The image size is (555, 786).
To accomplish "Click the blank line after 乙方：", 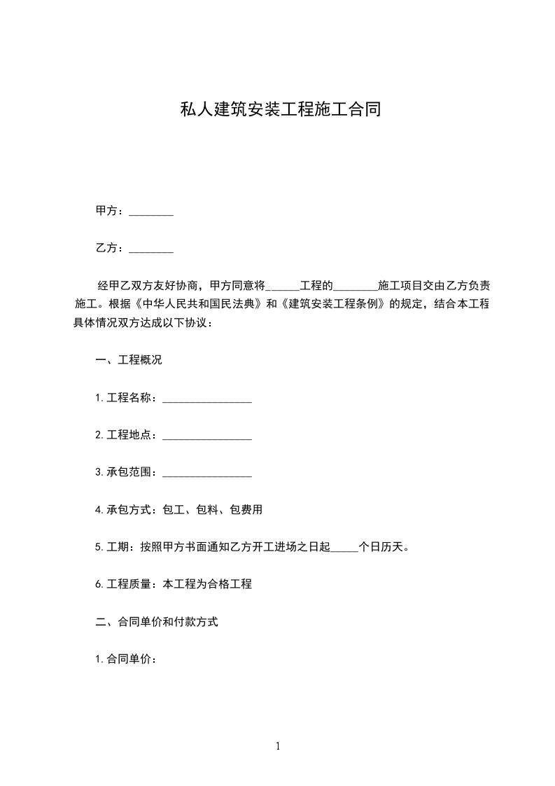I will (151, 249).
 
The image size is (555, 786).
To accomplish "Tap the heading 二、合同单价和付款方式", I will (157, 621).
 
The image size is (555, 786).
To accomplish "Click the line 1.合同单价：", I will (125, 659).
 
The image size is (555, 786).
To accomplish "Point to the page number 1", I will (278, 746).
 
